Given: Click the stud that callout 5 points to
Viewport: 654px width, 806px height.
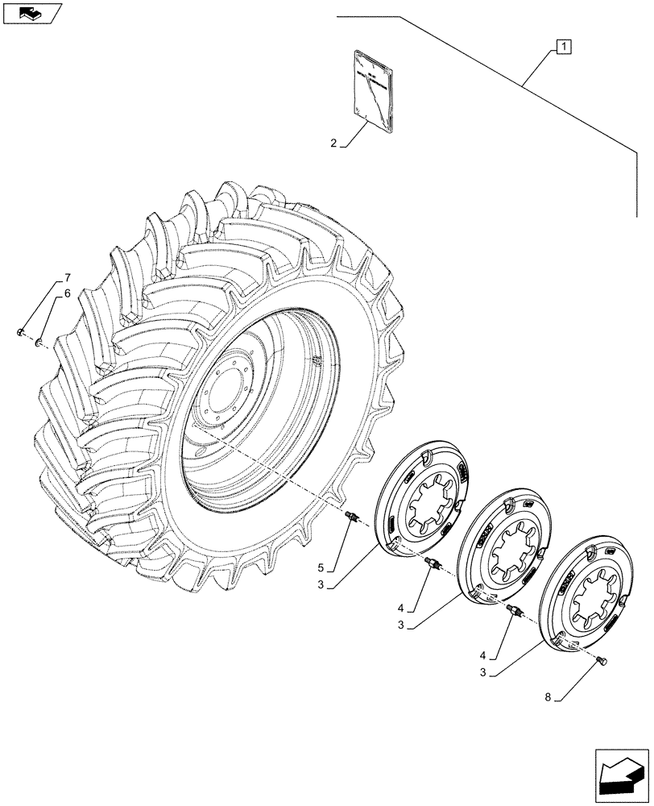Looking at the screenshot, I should click(351, 516).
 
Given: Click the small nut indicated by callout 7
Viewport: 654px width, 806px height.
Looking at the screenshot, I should click(20, 331).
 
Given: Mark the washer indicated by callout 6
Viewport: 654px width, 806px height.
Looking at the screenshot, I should click(38, 344).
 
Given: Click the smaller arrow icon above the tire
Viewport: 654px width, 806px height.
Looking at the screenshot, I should click(31, 12).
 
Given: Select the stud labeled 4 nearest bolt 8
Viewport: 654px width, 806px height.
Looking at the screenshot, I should click(512, 614).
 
